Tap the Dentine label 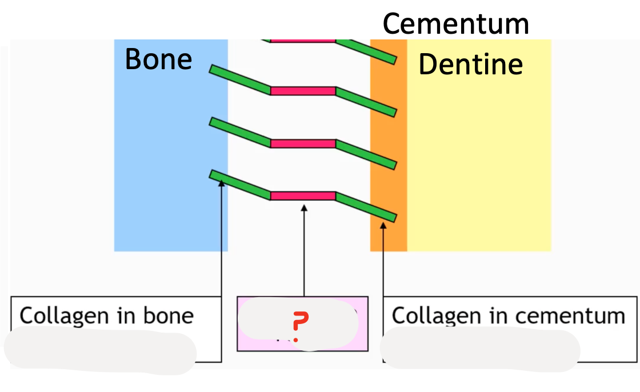470,64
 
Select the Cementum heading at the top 455,23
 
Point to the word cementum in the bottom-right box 574,315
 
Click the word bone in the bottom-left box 171,315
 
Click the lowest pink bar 303,196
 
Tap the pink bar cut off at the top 303,41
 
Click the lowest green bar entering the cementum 366,207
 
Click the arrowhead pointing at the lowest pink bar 304,209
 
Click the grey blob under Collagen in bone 100,350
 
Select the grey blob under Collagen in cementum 480,347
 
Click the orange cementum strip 389,143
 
